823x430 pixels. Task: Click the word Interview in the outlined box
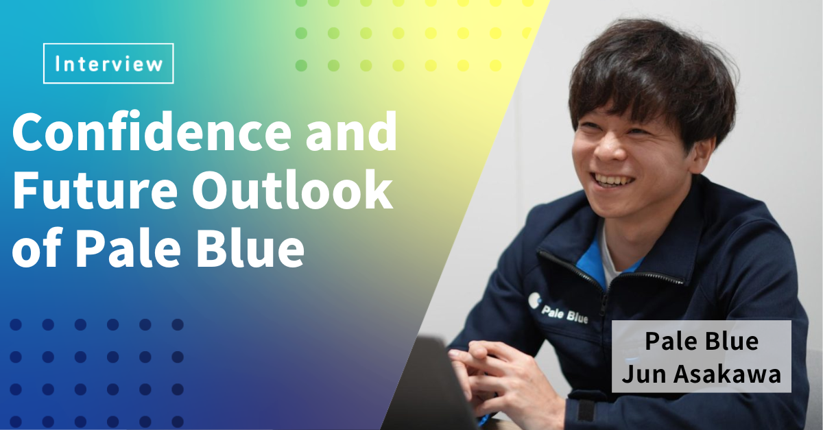(x=109, y=64)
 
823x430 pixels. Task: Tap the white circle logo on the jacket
(x=534, y=301)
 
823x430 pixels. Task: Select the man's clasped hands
(x=492, y=375)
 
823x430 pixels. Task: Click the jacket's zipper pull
(x=604, y=309)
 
